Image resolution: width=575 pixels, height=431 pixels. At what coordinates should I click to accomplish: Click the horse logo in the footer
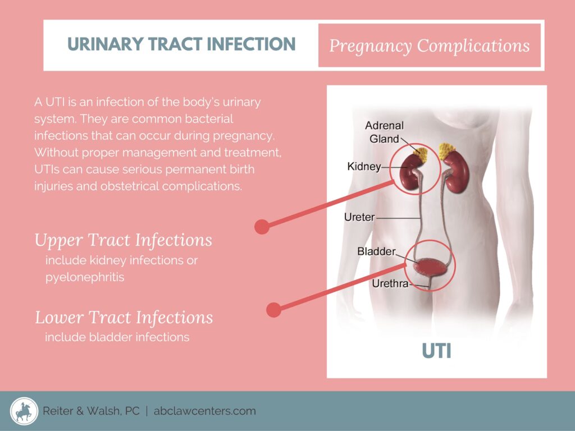(24, 411)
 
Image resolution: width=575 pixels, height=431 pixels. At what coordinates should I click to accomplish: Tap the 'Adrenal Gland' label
(384, 132)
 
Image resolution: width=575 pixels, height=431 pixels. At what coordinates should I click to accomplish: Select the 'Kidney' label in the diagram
(364, 166)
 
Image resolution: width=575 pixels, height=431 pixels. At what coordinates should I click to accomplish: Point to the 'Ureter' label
(359, 217)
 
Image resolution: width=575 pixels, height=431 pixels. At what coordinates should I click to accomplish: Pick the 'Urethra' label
(390, 283)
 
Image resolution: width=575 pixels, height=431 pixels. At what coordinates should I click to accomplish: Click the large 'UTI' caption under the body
(436, 351)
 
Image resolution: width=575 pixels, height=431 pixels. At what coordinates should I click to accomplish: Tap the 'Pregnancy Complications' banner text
(430, 46)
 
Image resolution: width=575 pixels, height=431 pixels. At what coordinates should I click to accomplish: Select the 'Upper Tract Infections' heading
(123, 240)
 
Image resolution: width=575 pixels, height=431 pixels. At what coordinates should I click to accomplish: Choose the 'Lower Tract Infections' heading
(124, 318)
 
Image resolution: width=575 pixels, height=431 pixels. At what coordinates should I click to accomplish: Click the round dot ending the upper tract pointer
(262, 227)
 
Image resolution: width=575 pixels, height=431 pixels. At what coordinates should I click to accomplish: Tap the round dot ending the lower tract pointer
(273, 310)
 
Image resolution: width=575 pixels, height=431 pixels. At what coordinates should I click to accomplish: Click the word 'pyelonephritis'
(85, 277)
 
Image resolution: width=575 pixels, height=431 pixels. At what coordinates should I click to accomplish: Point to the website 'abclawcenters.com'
(204, 411)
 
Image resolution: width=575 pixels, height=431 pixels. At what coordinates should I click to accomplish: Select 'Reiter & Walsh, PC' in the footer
(91, 411)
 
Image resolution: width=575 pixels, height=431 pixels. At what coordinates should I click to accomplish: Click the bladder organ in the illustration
(430, 267)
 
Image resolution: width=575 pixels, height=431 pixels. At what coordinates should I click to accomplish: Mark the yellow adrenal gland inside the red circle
(421, 153)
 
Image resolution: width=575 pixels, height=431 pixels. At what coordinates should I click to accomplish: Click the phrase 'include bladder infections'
(117, 337)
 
